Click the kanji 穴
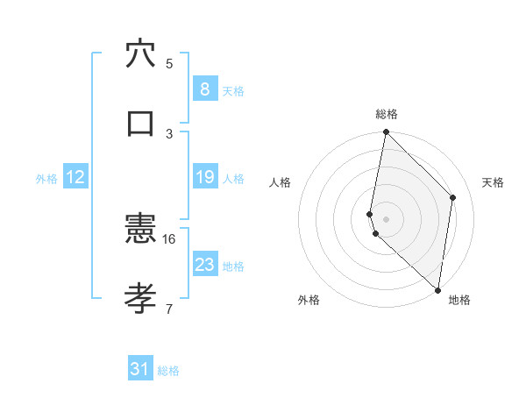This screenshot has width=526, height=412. (x=140, y=53)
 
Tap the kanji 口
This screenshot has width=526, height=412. (x=140, y=122)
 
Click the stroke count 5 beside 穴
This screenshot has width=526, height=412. (x=169, y=63)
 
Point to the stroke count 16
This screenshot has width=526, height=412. (x=169, y=238)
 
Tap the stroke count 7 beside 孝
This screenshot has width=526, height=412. (x=169, y=309)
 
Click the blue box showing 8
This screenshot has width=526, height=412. (x=204, y=89)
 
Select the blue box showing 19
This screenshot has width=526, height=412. (x=204, y=177)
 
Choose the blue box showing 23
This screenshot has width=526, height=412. (x=204, y=265)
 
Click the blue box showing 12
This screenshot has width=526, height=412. (x=75, y=177)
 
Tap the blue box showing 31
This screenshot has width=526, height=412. (x=140, y=369)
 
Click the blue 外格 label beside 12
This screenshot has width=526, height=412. (x=46, y=178)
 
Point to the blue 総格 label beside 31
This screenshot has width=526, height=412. (x=168, y=371)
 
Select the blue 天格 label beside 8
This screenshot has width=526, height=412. (x=233, y=90)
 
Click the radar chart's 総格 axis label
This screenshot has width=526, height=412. (x=387, y=114)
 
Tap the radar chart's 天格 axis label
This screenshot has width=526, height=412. (x=494, y=182)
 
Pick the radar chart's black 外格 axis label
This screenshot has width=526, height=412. (x=309, y=300)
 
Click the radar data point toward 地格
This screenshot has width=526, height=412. (x=437, y=289)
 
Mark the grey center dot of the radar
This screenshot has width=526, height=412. (x=387, y=218)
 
